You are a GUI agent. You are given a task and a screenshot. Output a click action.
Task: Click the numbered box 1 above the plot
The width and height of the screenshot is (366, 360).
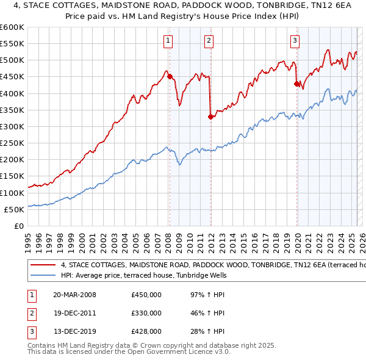tap(168, 41)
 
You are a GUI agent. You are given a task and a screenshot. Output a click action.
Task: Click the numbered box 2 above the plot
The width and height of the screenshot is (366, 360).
tap(209, 41)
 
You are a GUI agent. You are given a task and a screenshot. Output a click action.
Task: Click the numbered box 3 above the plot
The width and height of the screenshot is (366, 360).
tap(295, 41)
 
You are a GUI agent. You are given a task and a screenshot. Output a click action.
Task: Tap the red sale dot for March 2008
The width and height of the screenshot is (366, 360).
tap(170, 77)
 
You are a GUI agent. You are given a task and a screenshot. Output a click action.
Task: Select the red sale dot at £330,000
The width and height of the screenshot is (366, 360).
tap(210, 117)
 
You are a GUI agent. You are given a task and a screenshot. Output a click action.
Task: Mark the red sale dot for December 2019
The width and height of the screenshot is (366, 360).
tap(296, 84)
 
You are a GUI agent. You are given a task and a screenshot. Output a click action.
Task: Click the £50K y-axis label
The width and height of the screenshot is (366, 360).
tap(15, 209)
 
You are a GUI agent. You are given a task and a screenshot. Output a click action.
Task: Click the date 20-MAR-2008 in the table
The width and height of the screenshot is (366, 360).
tap(74, 295)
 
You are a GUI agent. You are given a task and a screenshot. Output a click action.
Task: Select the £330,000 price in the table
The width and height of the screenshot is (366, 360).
tap(146, 313)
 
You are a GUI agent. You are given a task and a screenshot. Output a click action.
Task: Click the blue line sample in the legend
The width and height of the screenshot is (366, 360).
tap(43, 275)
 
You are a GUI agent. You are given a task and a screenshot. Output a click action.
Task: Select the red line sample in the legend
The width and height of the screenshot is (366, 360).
tap(43, 265)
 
